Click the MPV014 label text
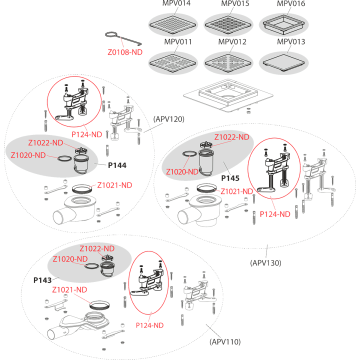click(x=176, y=3)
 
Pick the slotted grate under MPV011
click(x=172, y=63)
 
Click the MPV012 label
click(x=232, y=42)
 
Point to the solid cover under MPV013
click(x=283, y=62)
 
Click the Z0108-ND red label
click(x=125, y=52)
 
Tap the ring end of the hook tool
click(x=111, y=34)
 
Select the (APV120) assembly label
click(x=169, y=119)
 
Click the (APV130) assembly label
click(x=265, y=263)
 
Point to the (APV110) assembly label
click(x=225, y=342)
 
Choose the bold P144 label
click(x=117, y=165)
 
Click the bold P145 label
click(x=230, y=178)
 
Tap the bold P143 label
click(x=42, y=280)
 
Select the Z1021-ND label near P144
click(x=114, y=185)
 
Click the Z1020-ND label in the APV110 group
click(x=70, y=259)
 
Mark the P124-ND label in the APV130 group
click(x=275, y=214)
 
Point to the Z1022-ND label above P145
click(x=231, y=137)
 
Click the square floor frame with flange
click(x=228, y=95)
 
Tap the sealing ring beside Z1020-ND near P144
click(x=64, y=158)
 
